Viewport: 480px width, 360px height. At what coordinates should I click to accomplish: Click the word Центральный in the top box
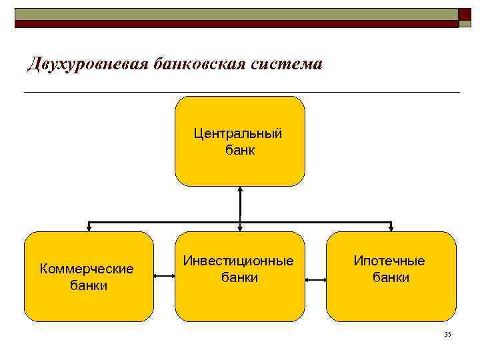238,133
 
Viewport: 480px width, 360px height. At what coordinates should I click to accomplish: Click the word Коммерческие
87,269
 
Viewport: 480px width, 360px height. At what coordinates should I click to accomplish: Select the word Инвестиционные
239,261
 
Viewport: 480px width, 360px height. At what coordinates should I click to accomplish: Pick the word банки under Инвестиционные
239,277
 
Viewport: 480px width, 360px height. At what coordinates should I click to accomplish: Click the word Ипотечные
389,261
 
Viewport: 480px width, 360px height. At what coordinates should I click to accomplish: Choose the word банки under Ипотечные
391,277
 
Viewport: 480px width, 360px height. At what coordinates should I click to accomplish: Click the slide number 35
447,334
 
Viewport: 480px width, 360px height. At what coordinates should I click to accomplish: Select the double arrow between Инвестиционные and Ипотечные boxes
315,283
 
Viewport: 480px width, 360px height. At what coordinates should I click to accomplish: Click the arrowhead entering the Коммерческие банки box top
89,227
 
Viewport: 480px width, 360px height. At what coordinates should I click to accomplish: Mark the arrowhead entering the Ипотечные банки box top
391,227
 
